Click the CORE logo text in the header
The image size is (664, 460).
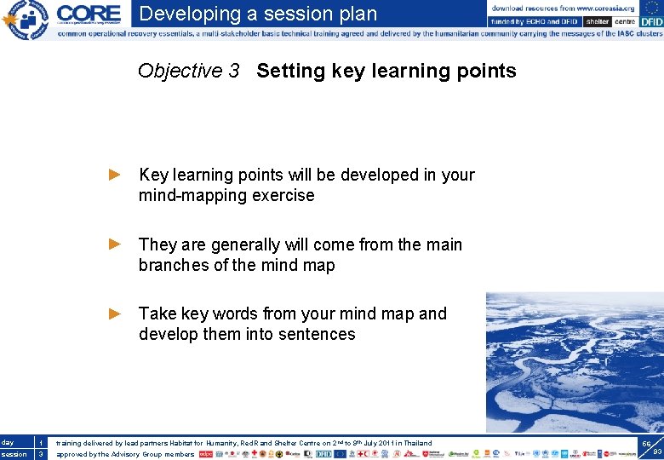pos(89,14)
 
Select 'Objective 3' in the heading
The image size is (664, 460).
pos(188,71)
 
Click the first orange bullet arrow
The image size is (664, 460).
pos(116,175)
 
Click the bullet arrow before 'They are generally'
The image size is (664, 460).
pos(116,244)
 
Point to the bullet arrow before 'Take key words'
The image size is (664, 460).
pos(116,313)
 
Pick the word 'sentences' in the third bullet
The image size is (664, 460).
pos(316,335)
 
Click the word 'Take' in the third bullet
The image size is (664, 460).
pos(157,314)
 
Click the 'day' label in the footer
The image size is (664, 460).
pos(8,443)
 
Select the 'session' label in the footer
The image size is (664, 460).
pos(14,455)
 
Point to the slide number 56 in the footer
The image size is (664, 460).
pos(646,445)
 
